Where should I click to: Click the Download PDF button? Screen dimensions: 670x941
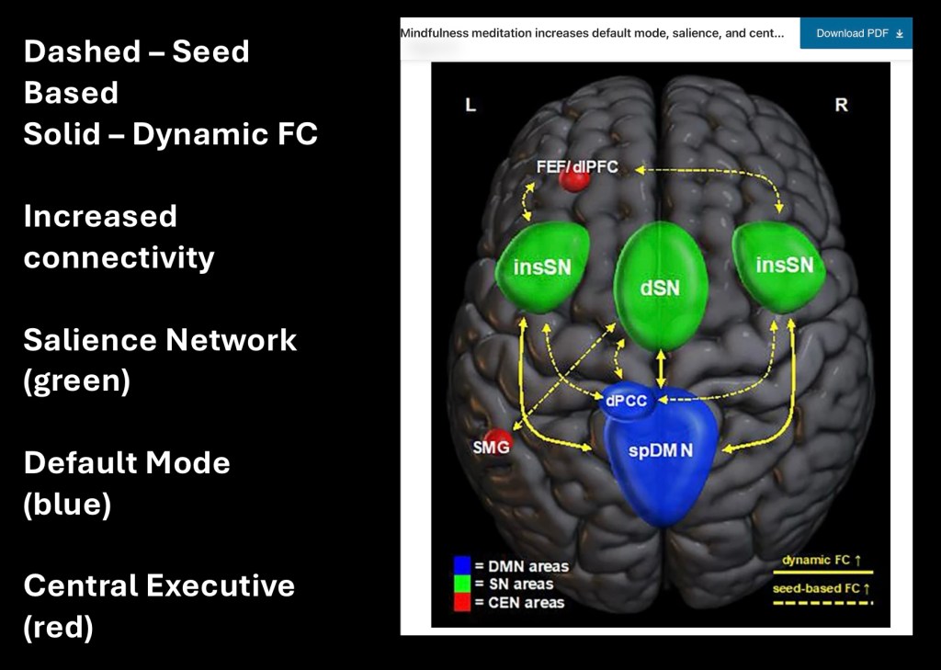coord(856,33)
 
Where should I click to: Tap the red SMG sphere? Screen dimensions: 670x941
coord(497,444)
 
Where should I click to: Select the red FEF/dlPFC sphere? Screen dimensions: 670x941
coord(575,179)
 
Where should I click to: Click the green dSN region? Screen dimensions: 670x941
coord(660,285)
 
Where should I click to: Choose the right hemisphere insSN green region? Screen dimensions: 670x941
coord(783,265)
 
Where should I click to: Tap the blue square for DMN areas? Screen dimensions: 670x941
coord(462,565)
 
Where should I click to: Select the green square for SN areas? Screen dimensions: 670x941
coord(462,584)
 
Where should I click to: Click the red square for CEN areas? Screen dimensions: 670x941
coord(462,602)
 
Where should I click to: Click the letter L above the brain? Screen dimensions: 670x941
coord(470,106)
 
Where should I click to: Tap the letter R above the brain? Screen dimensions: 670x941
coord(841,106)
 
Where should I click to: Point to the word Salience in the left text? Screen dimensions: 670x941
coord(88,340)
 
